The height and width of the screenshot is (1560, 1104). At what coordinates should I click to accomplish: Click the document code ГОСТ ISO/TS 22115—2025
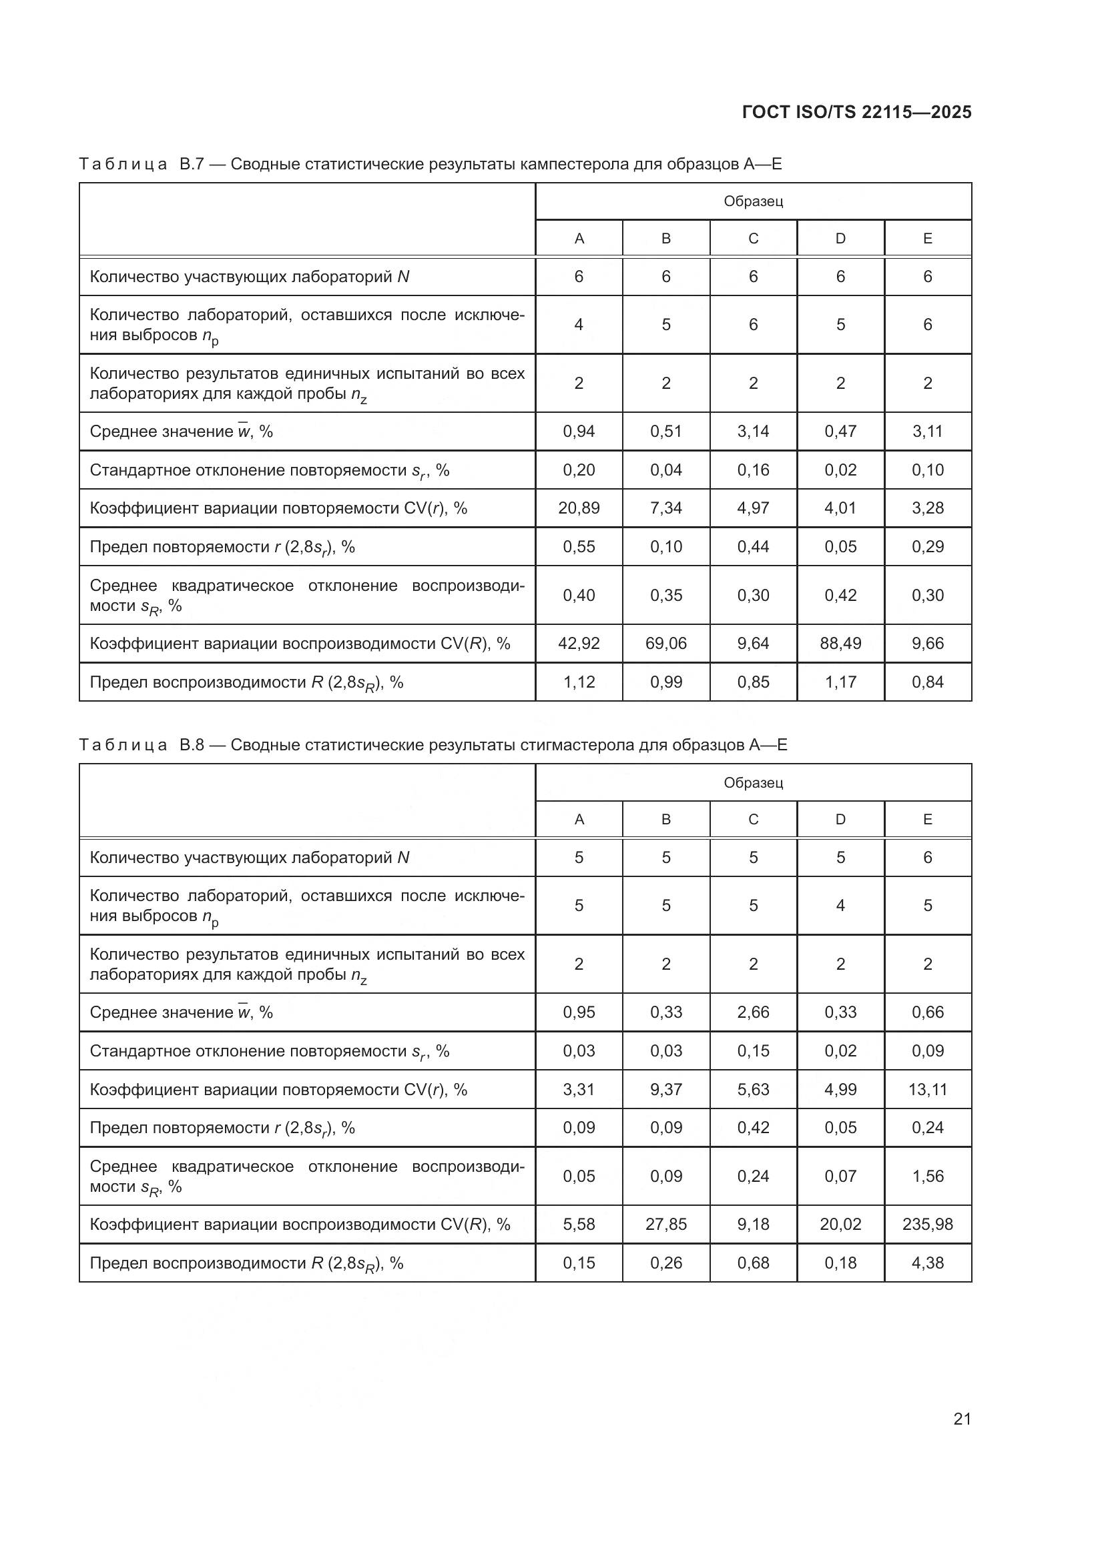856,112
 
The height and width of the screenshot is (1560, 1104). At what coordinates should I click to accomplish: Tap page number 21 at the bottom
962,1419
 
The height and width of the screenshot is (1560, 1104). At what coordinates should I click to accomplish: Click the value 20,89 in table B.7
579,508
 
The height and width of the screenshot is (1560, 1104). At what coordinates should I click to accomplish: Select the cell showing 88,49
840,644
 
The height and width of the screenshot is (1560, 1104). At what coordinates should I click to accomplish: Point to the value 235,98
927,1225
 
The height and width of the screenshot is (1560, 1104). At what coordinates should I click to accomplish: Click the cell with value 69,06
665,644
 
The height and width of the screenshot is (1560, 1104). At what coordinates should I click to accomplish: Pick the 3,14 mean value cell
753,432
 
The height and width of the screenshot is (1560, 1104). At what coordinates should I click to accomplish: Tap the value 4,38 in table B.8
927,1263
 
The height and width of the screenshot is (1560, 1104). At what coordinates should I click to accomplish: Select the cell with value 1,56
927,1176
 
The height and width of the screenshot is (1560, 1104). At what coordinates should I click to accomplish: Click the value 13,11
927,1090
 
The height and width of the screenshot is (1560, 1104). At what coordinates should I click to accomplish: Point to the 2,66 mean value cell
753,1012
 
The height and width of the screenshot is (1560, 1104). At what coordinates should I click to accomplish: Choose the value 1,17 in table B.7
840,682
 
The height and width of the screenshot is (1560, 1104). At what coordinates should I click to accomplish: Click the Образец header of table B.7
753,201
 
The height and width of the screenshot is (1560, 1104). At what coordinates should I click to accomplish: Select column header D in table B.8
840,820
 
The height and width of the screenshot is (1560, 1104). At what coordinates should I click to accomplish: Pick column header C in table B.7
753,239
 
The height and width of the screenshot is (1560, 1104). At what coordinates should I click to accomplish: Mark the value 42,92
579,644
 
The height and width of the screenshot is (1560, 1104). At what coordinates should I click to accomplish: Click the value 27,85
665,1225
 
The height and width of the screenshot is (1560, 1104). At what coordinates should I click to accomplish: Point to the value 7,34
665,508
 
